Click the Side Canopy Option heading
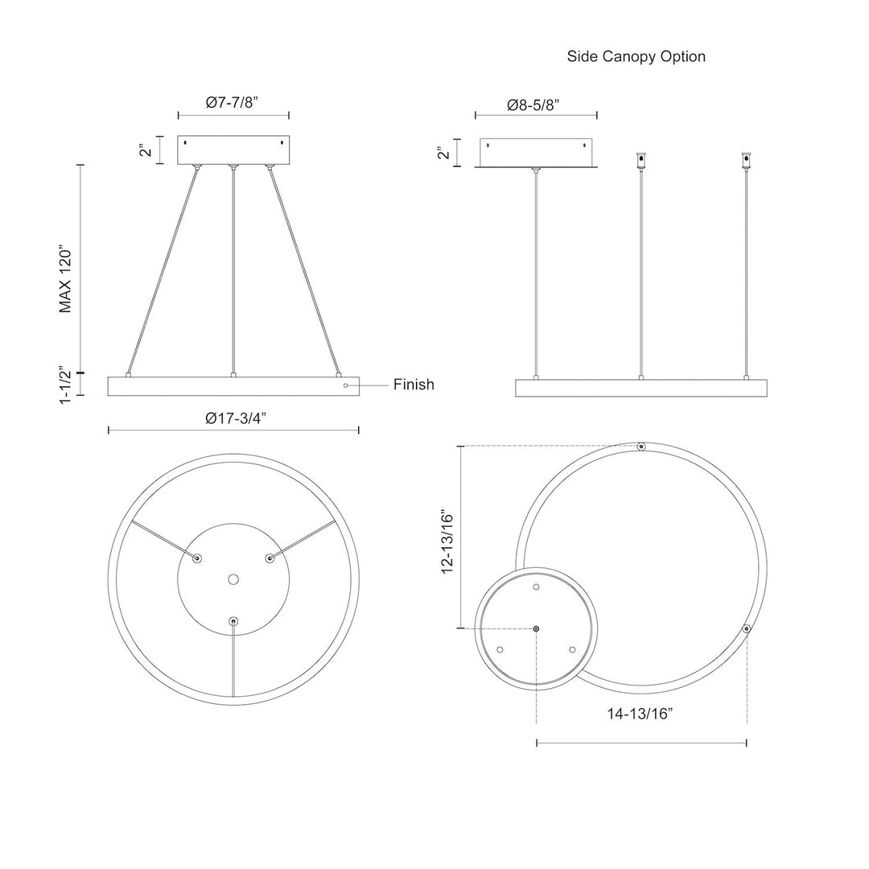636,56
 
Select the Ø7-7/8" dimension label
233,102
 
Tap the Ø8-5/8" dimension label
533,105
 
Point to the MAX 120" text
65,281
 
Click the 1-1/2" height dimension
65,385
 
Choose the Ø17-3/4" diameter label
236,418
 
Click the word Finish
414,385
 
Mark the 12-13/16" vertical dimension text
447,542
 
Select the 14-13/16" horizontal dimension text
640,713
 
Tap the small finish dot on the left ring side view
346,385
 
